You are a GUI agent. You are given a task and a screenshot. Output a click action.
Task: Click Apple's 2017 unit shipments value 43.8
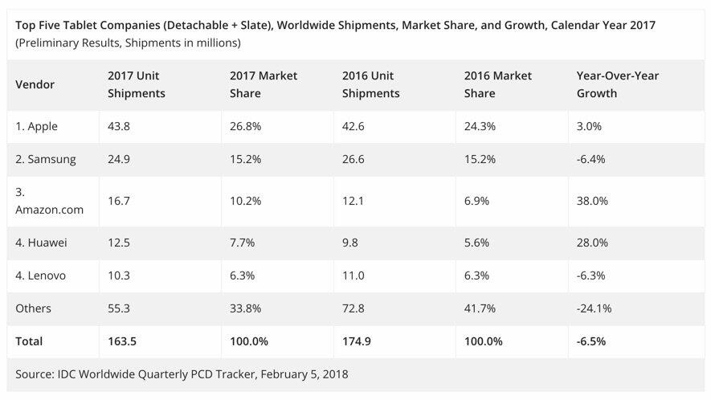click(x=119, y=126)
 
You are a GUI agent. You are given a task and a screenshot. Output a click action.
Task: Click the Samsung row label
click(x=46, y=159)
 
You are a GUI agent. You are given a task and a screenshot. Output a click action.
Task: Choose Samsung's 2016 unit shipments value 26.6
click(x=354, y=159)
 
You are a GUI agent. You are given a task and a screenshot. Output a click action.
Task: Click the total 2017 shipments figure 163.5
click(x=123, y=341)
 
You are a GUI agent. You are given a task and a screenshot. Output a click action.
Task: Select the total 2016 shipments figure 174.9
click(x=358, y=341)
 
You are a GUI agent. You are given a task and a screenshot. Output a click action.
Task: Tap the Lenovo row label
click(x=41, y=276)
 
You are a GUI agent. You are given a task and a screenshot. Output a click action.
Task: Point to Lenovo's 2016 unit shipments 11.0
click(x=354, y=276)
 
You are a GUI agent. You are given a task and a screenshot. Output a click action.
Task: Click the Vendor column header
click(x=35, y=84)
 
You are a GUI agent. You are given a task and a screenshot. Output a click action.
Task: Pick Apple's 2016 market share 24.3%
click(x=480, y=126)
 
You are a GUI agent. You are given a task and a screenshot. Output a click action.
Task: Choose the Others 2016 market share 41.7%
click(x=480, y=308)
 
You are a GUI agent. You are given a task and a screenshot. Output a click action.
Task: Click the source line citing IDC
click(x=182, y=373)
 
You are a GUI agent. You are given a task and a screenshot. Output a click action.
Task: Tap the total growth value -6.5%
click(x=591, y=341)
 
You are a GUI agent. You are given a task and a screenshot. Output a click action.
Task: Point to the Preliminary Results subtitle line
click(x=128, y=43)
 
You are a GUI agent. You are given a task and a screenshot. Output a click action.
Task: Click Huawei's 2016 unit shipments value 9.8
click(x=351, y=242)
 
